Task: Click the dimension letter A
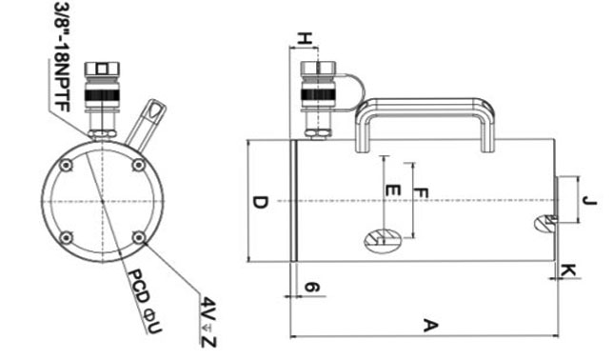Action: pyautogui.click(x=430, y=326)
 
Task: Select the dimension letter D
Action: pyautogui.click(x=261, y=203)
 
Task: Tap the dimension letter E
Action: pyautogui.click(x=393, y=190)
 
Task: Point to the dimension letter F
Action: pyautogui.click(x=422, y=192)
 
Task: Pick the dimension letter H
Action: pyautogui.click(x=306, y=39)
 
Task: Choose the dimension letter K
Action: pyautogui.click(x=569, y=270)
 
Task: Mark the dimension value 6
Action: pyautogui.click(x=312, y=288)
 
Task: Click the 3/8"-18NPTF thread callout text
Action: pyautogui.click(x=62, y=57)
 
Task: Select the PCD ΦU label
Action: pyautogui.click(x=145, y=301)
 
